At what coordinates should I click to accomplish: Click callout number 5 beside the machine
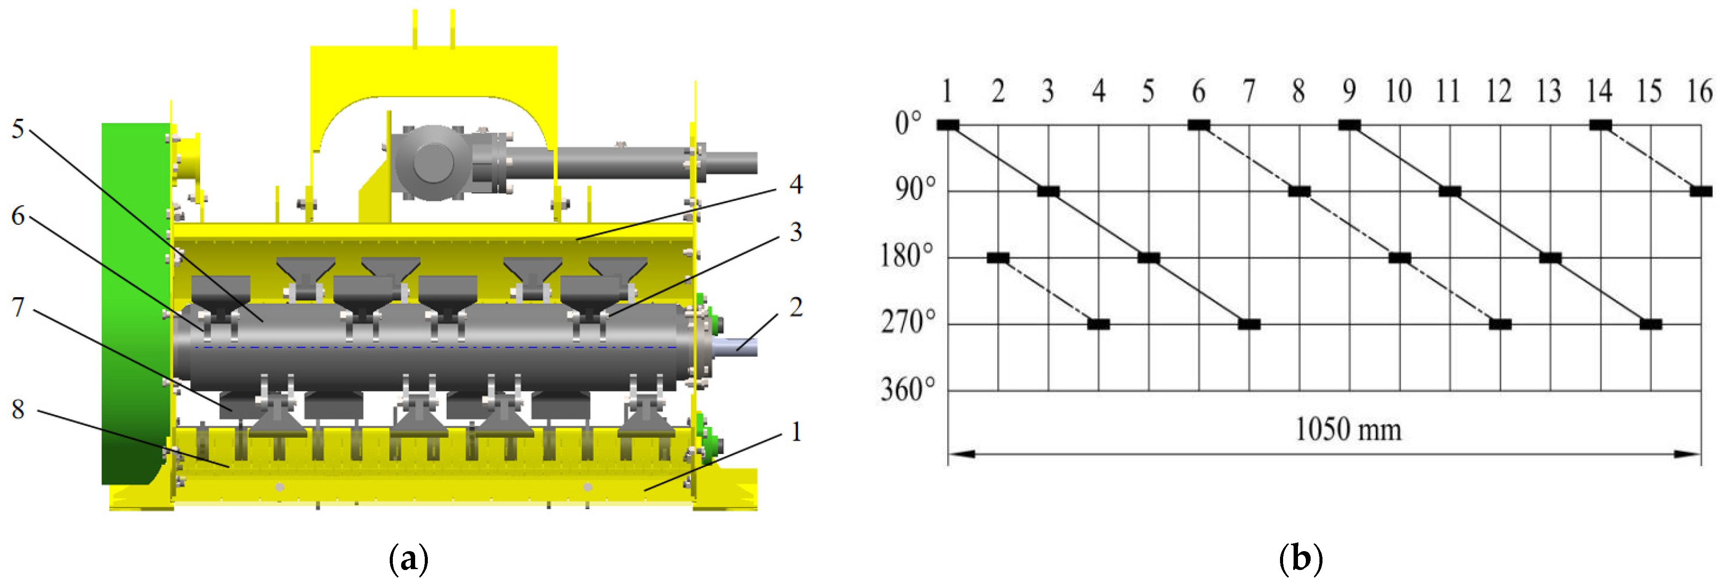18,129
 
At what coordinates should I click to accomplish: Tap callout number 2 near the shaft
795,307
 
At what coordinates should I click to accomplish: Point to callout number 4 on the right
795,184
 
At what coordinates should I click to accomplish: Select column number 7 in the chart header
1248,91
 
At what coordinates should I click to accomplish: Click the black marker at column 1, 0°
948,125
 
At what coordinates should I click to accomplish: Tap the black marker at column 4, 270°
1098,324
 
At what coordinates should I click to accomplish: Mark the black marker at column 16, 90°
1700,191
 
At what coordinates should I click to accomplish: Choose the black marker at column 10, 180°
1399,257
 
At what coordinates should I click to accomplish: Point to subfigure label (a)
408,557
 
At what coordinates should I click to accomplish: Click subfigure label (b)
1300,557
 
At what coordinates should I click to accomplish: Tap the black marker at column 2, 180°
998,257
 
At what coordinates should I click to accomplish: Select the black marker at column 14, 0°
1600,125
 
